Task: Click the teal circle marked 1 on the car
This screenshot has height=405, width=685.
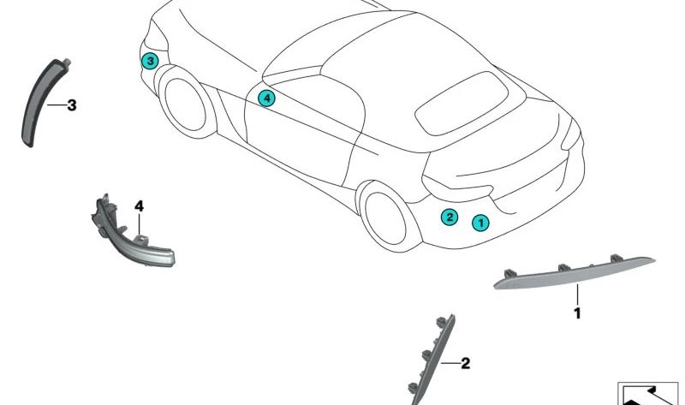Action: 480,223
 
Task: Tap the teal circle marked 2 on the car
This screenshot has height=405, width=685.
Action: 450,217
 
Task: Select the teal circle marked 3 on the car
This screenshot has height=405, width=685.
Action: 150,61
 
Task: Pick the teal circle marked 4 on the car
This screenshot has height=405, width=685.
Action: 266,98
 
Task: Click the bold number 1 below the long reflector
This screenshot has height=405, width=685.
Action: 577,313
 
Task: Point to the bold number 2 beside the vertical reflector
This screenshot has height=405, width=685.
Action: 465,363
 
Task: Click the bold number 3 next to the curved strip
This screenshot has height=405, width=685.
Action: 72,105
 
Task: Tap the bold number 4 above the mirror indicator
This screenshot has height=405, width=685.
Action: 139,205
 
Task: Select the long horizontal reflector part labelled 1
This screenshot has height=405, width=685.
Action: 574,272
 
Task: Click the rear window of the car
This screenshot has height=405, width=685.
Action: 462,104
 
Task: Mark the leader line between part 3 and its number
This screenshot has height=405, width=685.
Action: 57,104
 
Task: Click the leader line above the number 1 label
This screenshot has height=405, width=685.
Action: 577,295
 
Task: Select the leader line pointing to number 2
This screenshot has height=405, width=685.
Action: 450,363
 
